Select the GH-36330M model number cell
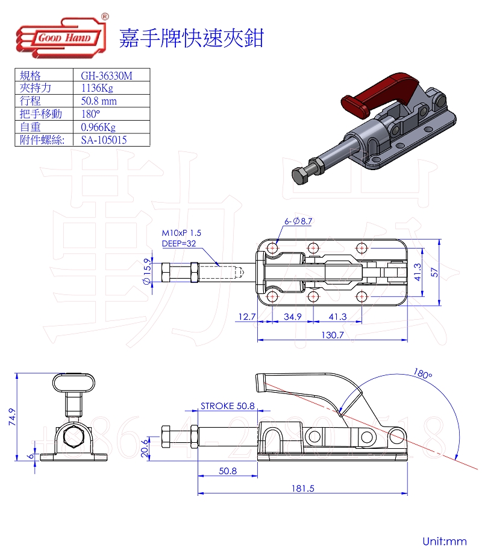point(106,75)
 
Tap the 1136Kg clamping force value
point(97,88)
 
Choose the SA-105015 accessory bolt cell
point(104,141)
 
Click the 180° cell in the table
point(90,114)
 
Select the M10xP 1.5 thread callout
point(181,233)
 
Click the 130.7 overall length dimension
point(332,335)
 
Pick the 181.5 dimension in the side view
point(304,489)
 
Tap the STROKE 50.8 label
point(227,406)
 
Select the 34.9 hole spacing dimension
point(292,316)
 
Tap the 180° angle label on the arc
point(422,374)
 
